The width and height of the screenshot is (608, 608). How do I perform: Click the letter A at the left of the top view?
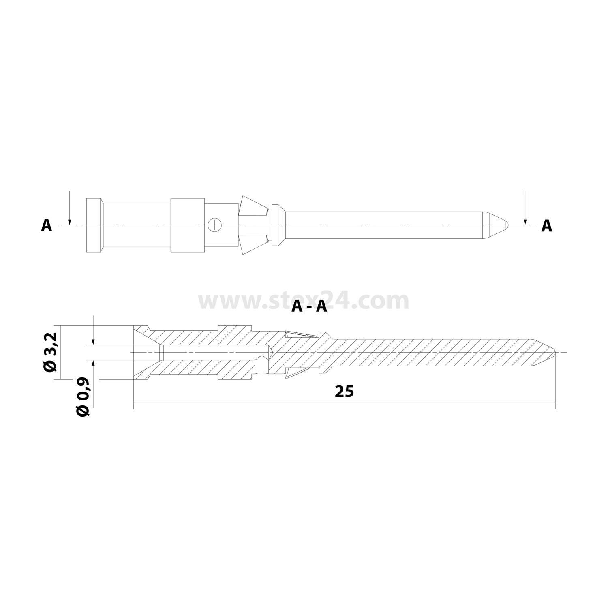coord(47,226)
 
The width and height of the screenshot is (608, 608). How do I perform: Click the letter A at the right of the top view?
coord(547,226)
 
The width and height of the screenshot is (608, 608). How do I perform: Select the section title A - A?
coord(309,307)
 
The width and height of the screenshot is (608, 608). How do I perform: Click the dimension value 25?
coord(344,392)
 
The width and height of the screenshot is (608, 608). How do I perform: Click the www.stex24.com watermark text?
coord(303,301)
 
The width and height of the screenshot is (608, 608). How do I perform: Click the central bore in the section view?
coord(211,352)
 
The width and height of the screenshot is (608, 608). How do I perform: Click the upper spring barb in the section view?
coord(300,335)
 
